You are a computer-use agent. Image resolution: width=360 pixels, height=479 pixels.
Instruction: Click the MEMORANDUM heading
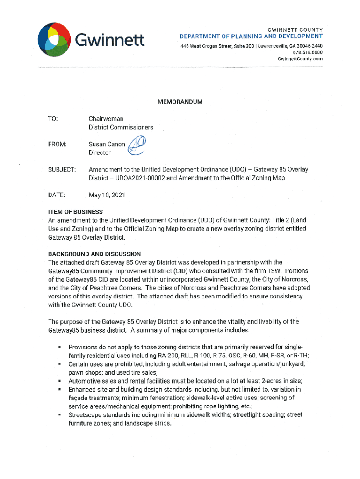pos(180,102)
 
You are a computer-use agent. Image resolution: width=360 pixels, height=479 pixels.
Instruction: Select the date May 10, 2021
pos(107,194)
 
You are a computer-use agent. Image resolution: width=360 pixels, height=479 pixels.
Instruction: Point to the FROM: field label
pos(58,145)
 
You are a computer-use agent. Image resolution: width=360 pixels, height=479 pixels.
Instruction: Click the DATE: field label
pos(56,194)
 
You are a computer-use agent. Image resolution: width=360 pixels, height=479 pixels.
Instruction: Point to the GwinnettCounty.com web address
pos(300,59)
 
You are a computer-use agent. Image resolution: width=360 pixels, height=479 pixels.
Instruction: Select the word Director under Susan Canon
pos(100,153)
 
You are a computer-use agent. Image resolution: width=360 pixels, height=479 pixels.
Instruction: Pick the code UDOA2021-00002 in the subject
pos(136,178)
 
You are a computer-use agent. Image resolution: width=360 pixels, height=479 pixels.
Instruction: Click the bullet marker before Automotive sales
pos(60,381)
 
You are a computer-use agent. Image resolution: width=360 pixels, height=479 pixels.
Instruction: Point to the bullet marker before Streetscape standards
pos(60,415)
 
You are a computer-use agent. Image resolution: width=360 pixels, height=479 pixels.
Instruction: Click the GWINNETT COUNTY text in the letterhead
pos(293,29)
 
